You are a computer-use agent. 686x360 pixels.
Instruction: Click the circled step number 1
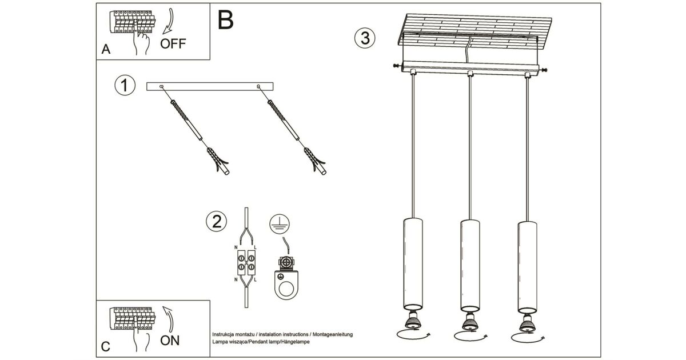click(x=125, y=86)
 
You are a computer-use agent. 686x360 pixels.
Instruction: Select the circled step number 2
click(x=216, y=222)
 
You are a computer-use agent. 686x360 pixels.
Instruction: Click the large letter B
click(x=226, y=20)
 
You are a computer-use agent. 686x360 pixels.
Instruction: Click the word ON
click(x=170, y=341)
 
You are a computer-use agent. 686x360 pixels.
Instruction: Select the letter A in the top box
click(x=106, y=50)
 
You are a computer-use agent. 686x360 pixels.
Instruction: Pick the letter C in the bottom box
click(x=105, y=346)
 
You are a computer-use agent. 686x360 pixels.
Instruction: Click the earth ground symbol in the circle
click(x=278, y=224)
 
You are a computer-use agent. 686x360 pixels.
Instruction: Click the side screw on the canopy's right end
click(x=544, y=70)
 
